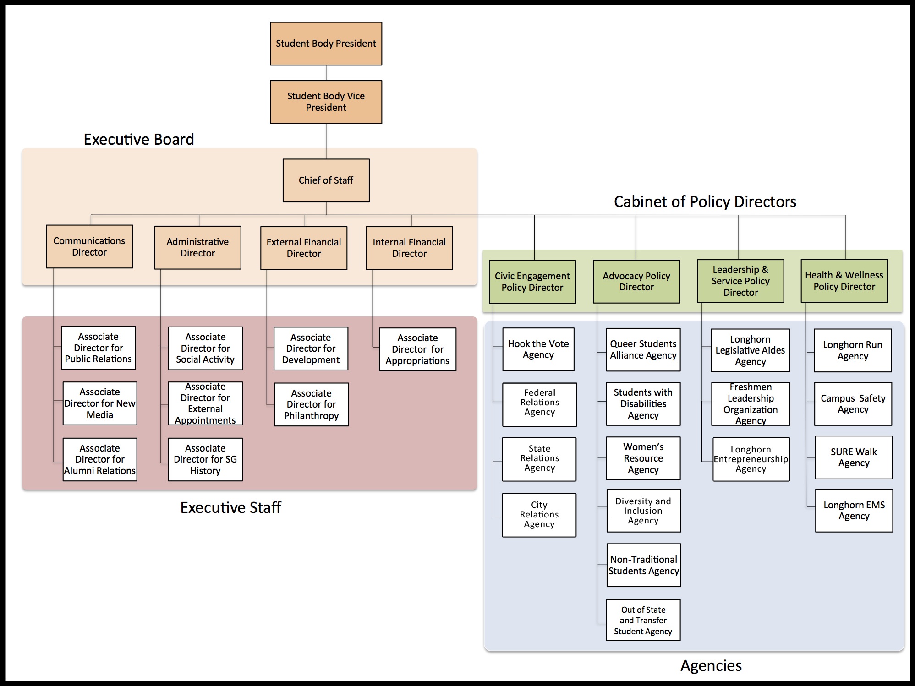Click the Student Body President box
[x=326, y=44]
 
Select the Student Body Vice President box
[x=326, y=102]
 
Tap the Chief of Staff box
[x=326, y=180]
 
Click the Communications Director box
[x=89, y=246]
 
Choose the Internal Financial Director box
[x=409, y=248]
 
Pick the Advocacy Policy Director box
[x=636, y=281]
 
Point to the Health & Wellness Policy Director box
[x=844, y=281]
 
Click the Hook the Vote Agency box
[x=538, y=349]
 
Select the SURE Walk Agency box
[x=854, y=457]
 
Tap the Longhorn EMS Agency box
[x=854, y=510]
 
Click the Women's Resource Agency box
[x=643, y=458]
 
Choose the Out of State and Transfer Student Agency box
[x=643, y=620]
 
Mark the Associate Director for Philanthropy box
[x=311, y=404]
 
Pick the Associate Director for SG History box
[x=205, y=459]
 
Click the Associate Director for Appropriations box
[x=417, y=349]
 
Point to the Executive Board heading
[x=139, y=139]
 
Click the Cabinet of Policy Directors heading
[x=705, y=201]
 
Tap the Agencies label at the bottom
[x=711, y=665]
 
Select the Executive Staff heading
[x=230, y=507]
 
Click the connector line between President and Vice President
[x=326, y=73]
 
